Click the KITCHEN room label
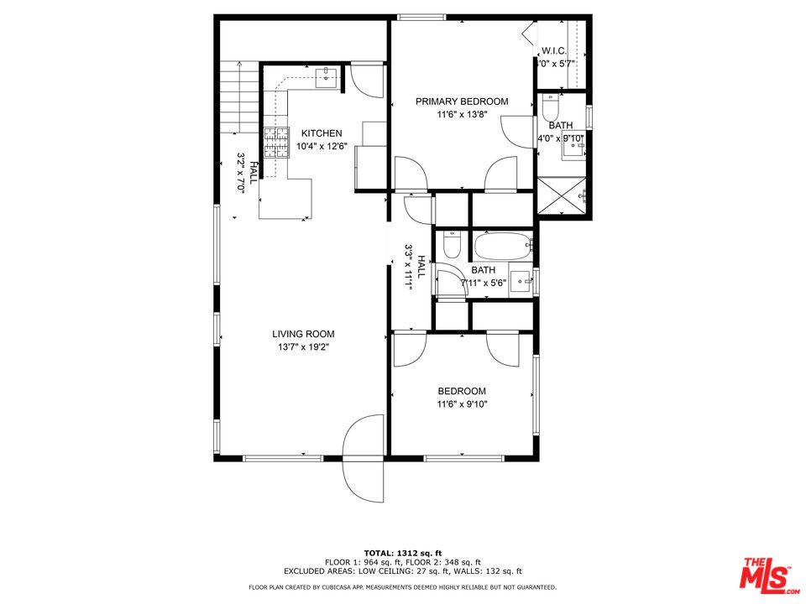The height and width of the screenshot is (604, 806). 322,133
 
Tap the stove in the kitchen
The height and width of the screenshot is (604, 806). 275,143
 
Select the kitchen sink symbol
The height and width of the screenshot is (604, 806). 326,79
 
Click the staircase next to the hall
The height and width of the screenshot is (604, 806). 241,97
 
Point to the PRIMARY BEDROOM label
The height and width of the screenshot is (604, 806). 462,102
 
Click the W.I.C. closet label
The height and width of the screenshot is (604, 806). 554,51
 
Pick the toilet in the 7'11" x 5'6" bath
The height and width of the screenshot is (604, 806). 452,246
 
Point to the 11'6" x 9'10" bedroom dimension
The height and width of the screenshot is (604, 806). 462,404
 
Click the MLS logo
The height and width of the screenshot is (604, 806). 765,573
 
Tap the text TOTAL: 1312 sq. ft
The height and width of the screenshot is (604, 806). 402,553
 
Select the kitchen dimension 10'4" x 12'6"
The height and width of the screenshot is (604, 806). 322,147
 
